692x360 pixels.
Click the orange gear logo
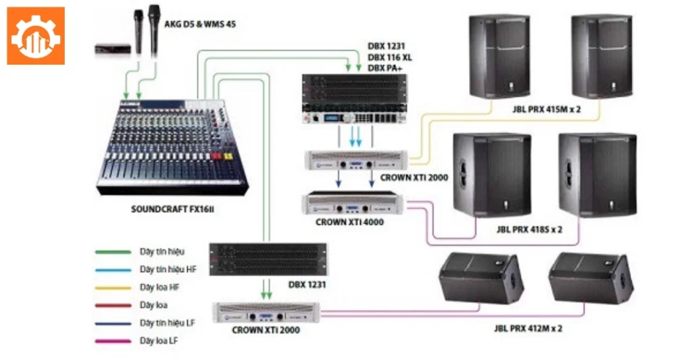click(x=36, y=36)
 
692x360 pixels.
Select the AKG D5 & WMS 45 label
click(x=201, y=24)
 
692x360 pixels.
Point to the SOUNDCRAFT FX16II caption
click(x=172, y=209)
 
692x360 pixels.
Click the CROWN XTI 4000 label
click(x=349, y=221)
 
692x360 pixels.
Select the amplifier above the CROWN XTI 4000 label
click(x=352, y=202)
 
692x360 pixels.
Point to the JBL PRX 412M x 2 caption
click(x=528, y=328)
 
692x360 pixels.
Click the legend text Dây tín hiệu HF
click(x=168, y=269)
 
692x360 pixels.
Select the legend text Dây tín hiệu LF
click(x=168, y=323)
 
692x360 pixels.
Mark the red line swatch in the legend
click(x=112, y=305)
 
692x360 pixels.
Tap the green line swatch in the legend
click(x=112, y=252)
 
